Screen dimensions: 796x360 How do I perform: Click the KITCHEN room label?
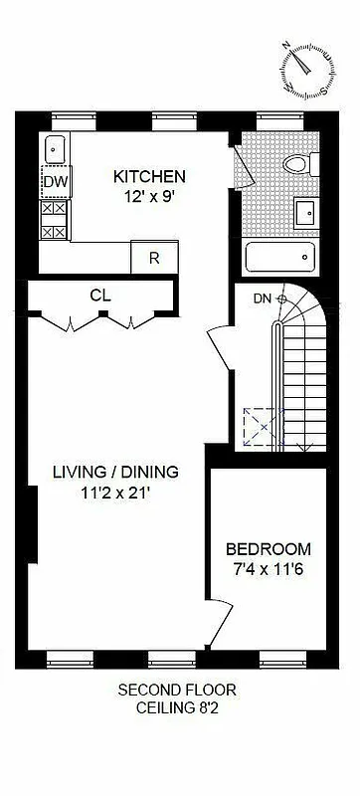[x=149, y=176]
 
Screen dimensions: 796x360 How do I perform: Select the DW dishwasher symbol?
[x=55, y=182]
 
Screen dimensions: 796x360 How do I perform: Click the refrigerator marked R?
[x=154, y=257]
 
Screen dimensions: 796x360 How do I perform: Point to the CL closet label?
[x=99, y=295]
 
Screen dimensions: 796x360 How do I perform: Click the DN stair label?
[x=262, y=298]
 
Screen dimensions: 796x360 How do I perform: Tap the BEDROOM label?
[x=268, y=549]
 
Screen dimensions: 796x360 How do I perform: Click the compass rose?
[x=304, y=69]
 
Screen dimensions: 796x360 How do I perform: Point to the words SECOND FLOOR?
[x=177, y=690]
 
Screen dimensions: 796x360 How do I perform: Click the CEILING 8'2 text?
[x=177, y=707]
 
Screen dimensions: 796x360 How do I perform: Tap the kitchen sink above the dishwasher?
[x=55, y=149]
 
